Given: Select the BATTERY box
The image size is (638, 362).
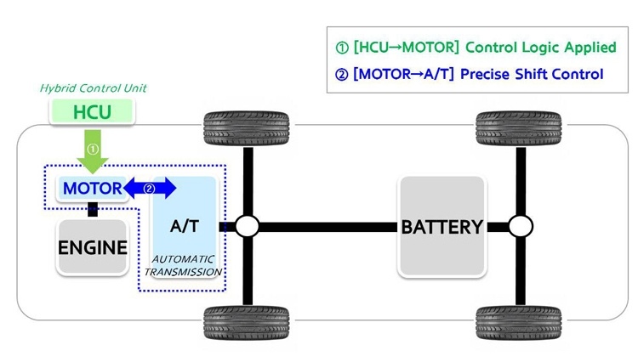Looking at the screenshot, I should [442, 227].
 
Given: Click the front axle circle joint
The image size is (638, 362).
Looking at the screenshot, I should [247, 227].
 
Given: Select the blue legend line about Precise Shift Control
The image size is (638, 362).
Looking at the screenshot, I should [470, 75].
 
